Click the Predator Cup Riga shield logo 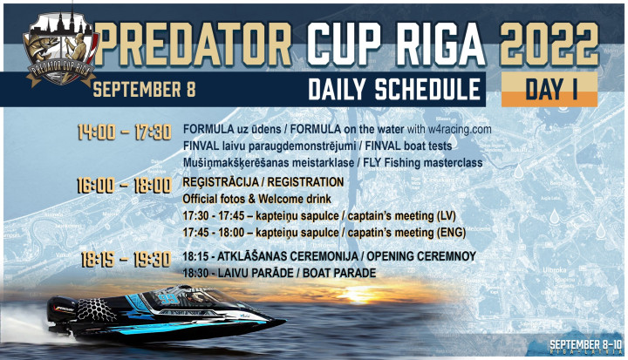pos(61,49)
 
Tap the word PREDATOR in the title pos(194,44)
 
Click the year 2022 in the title pos(549,44)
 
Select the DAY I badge pos(549,89)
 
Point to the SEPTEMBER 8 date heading pos(144,89)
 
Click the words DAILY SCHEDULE pos(394,89)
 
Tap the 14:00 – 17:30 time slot pos(125,132)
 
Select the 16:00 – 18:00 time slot pos(125,186)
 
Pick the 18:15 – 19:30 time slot pos(126,260)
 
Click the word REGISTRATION pos(305,182)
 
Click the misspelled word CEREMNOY pos(449,256)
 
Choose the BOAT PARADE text pos(339,273)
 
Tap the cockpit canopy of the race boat pos(192,296)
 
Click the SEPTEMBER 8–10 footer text pos(586,344)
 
